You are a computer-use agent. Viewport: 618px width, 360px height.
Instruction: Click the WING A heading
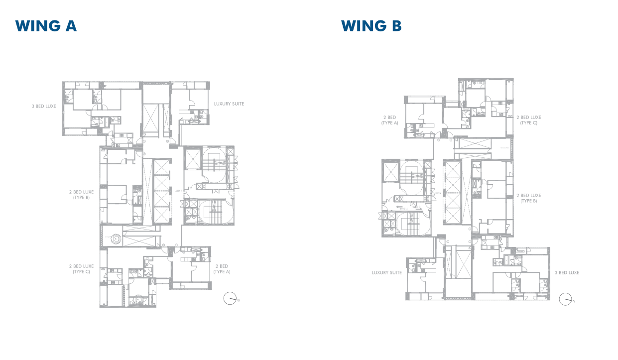point(46,26)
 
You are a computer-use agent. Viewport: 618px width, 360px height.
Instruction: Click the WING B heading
point(371,26)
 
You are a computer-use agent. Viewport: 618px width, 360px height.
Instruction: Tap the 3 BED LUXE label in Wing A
point(43,106)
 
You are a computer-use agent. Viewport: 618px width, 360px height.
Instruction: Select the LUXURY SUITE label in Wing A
point(229,104)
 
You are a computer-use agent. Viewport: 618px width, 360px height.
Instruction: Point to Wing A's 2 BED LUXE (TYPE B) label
point(81,195)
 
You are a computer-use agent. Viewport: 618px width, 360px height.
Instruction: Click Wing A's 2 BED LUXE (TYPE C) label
point(81,269)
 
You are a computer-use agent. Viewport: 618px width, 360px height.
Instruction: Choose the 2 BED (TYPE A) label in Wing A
point(222,269)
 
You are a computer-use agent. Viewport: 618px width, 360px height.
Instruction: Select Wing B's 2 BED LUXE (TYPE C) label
point(528,120)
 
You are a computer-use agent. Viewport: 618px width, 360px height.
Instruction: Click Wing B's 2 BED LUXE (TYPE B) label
point(528,198)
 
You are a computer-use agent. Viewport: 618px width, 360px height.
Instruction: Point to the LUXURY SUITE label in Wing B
point(386,273)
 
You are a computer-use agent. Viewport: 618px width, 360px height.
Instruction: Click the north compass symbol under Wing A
point(230,299)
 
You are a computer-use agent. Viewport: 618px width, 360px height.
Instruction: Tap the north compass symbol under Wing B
point(565,299)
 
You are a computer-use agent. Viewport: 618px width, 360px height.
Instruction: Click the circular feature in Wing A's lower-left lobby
point(116,239)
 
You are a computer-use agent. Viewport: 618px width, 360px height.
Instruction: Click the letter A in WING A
point(70,26)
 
